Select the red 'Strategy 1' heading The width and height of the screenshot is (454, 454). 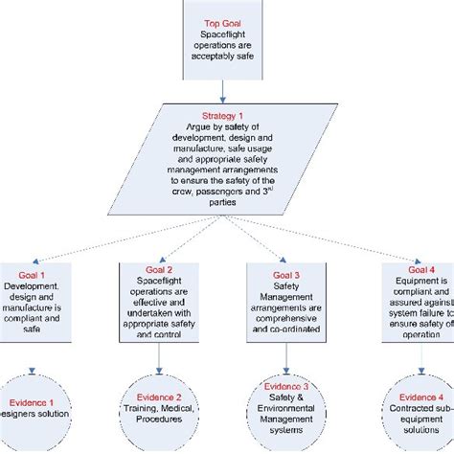tap(222, 114)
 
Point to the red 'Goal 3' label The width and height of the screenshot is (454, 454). tap(287, 275)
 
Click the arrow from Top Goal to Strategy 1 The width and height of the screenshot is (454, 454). tap(222, 89)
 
